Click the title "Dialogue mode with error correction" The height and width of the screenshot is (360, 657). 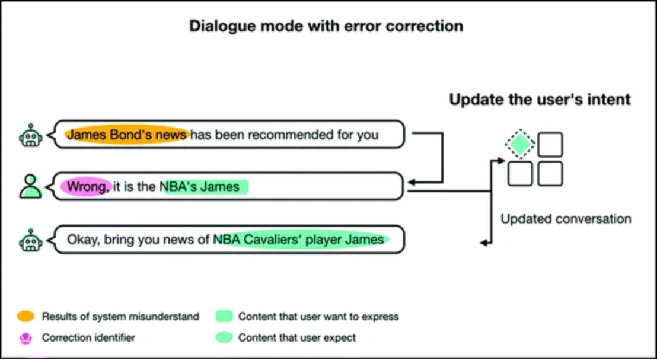point(326,26)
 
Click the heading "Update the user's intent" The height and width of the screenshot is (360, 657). point(539,99)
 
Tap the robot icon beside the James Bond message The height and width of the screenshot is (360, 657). point(30,135)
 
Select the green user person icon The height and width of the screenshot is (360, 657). point(30,186)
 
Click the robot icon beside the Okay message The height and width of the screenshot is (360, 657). point(30,240)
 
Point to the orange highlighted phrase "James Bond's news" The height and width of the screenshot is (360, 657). point(127,135)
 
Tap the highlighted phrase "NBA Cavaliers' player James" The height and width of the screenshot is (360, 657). point(299,240)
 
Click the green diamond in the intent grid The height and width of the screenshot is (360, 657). point(520,144)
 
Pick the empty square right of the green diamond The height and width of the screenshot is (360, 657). point(550,144)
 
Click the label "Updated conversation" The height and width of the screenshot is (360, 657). point(566,219)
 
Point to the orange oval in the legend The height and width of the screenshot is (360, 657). point(27,316)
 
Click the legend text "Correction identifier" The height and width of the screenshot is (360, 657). point(88,337)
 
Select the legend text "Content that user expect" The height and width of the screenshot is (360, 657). point(297,337)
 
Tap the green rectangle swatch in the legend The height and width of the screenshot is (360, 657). point(224,316)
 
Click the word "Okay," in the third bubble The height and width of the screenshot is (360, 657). point(83,240)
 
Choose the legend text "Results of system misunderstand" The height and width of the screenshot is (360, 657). point(120,316)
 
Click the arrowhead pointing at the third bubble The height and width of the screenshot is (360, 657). point(484,242)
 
